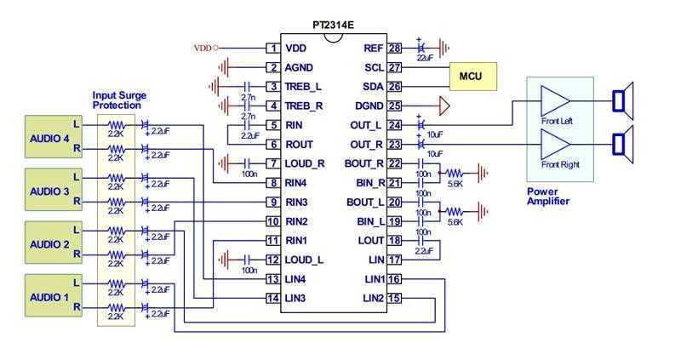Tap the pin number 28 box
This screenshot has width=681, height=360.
394,49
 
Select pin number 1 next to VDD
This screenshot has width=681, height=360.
272,49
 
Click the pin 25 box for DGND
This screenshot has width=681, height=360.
394,106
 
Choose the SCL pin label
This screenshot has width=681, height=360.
373,67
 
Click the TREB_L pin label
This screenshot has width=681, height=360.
304,87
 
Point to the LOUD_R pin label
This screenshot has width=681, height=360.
305,163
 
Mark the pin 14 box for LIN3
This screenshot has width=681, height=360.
272,298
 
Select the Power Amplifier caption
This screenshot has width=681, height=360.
549,197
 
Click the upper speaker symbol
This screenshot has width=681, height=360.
623,101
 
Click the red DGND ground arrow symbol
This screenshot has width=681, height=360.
443,106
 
